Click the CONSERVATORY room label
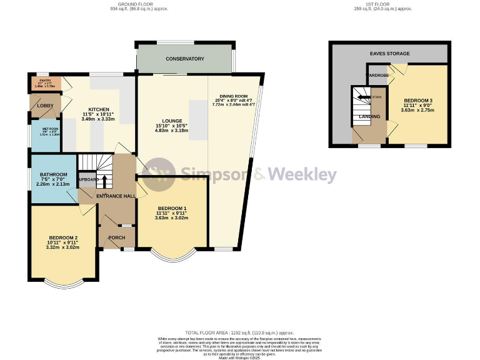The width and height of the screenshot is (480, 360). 184,59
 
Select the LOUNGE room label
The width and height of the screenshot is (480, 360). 172,121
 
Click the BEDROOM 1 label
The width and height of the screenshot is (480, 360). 172,207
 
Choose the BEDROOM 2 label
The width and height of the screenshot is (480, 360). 62,237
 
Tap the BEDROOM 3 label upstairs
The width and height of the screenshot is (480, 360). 418,101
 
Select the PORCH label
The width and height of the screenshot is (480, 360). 116,237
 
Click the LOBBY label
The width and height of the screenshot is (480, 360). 45,106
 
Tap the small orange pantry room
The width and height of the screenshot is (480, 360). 44,83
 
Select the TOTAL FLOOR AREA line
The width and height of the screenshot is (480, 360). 240,333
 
